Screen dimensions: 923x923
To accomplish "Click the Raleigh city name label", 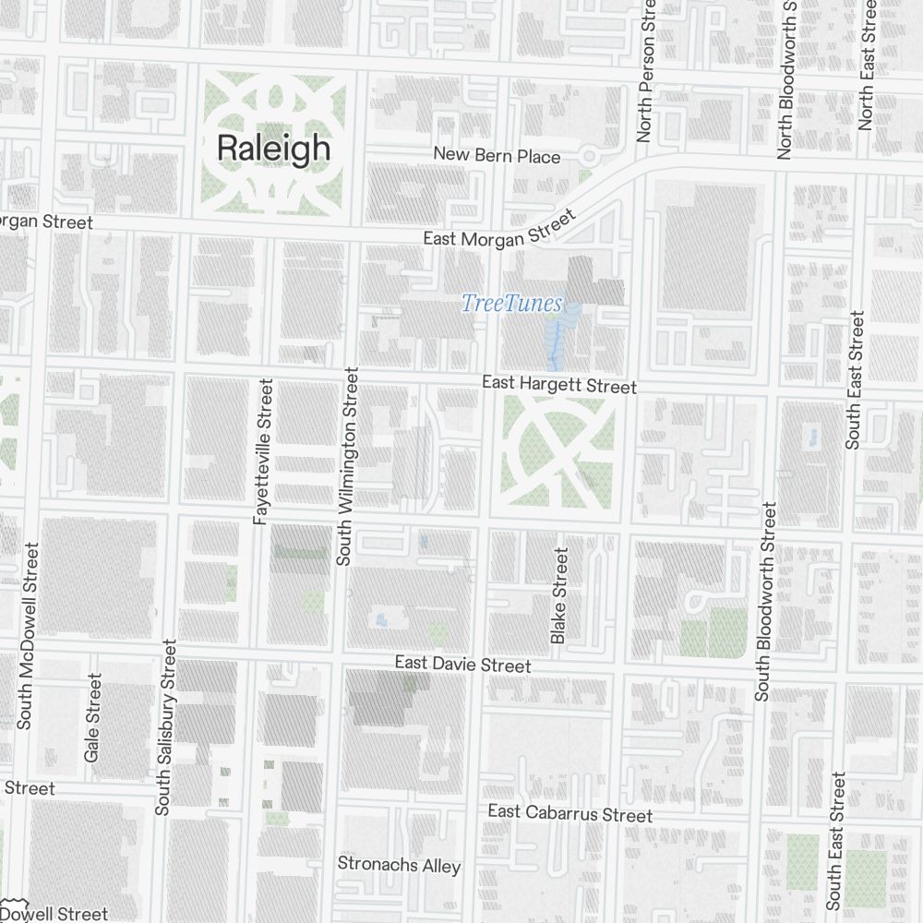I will [272, 148].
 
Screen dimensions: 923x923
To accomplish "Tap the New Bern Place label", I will [497, 156].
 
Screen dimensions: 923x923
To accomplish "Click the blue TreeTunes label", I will [511, 303].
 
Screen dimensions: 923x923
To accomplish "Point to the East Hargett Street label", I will [559, 385].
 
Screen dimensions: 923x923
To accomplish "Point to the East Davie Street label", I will [462, 665].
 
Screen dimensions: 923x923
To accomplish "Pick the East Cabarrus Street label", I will [569, 813].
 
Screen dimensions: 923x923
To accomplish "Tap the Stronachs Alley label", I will [399, 865].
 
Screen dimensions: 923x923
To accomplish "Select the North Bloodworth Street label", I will [786, 78].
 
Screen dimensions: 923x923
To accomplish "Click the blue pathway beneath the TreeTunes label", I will [554, 342].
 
